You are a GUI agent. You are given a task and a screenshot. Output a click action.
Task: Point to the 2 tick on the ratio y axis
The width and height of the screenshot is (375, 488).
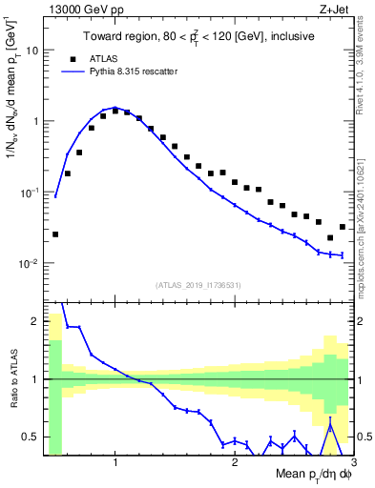pos(36,321)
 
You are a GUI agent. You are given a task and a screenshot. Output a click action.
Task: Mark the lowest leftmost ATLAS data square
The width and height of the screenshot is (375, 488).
pos(55,234)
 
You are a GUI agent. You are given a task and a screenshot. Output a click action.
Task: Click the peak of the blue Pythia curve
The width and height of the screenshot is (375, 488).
pos(115,108)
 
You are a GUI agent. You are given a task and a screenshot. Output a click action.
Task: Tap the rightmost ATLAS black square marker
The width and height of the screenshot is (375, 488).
pos(343,227)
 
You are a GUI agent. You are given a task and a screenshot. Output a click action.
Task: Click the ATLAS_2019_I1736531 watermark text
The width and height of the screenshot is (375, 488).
pos(198,285)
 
